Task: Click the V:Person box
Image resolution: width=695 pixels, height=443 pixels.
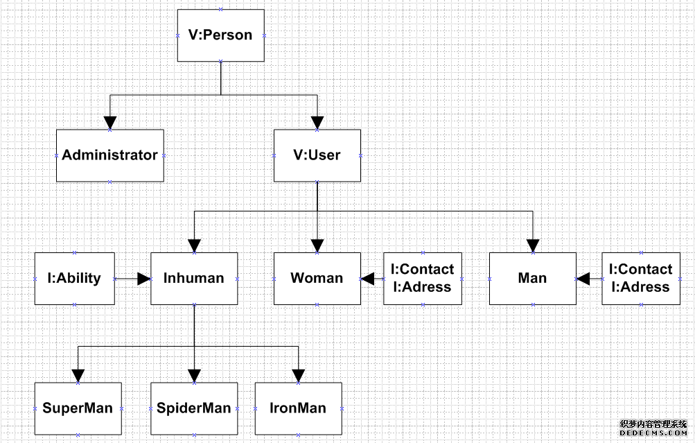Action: click(x=220, y=35)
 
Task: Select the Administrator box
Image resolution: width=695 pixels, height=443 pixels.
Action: click(x=109, y=155)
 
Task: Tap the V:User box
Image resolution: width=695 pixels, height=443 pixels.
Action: click(x=317, y=155)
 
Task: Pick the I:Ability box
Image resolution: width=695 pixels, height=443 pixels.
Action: click(x=74, y=279)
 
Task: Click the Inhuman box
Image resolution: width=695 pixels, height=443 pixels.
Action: click(x=194, y=279)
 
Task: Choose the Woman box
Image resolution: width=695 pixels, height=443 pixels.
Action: click(x=317, y=279)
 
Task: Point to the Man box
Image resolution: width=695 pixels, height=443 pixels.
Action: click(x=532, y=279)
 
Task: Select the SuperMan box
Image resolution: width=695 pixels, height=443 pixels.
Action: click(x=78, y=408)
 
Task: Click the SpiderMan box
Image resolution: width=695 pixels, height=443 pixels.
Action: click(x=194, y=408)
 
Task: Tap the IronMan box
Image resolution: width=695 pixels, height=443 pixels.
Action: click(x=298, y=408)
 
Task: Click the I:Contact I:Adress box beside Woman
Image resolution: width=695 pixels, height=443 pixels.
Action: click(x=423, y=279)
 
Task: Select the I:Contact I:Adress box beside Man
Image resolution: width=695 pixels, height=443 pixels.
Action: click(x=641, y=279)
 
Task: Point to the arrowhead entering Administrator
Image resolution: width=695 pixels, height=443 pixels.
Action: click(x=109, y=123)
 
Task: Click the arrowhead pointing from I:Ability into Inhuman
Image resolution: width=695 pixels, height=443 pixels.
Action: click(x=143, y=279)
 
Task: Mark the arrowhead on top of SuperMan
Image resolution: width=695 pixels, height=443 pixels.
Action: click(x=78, y=376)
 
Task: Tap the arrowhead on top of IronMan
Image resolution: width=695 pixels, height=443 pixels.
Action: click(x=298, y=376)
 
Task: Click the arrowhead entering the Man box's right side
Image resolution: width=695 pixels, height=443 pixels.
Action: click(x=583, y=279)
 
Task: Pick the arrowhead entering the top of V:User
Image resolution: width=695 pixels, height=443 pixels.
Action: click(x=317, y=123)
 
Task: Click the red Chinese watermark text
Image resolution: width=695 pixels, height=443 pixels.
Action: click(x=653, y=424)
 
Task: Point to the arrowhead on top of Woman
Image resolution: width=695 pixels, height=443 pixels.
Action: click(x=317, y=245)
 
